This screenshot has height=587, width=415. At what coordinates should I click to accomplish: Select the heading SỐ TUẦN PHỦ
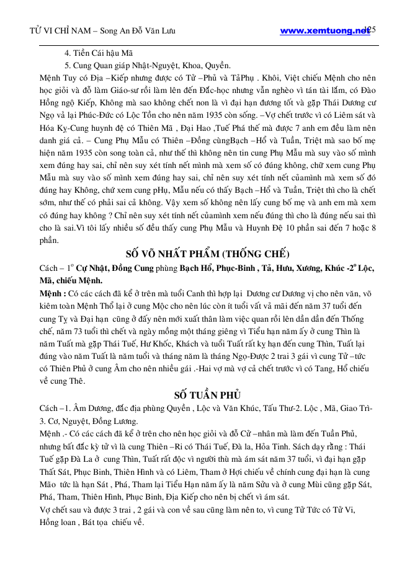pos(208,395)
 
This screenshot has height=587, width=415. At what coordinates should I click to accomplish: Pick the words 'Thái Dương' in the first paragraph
pos(342,103)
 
